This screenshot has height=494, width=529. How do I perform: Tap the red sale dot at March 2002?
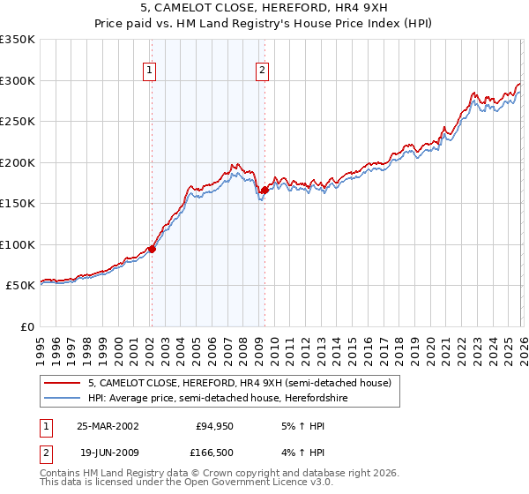[152, 249]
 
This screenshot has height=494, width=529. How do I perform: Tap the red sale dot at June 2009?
[264, 190]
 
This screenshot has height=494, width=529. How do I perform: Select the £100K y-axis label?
[18, 244]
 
